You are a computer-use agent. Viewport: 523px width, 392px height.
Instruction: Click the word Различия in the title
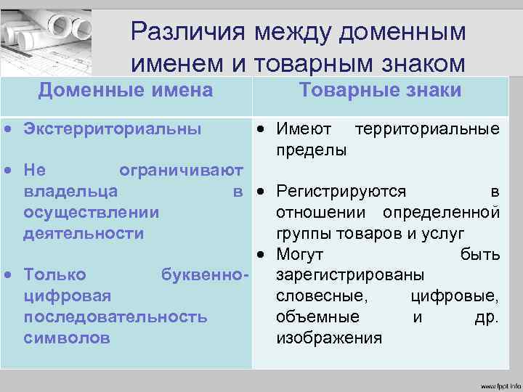(188, 32)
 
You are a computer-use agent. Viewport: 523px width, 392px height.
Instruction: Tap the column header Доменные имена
(125, 91)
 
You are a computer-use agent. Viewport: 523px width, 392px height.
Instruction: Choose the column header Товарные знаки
(380, 90)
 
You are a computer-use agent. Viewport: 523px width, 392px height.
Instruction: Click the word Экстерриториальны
(112, 129)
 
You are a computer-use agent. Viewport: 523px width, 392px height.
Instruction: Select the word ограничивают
(181, 171)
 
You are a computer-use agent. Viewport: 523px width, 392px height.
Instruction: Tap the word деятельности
(84, 234)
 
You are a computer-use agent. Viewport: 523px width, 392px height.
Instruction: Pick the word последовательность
(115, 317)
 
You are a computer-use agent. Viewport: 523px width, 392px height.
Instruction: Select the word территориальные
(426, 129)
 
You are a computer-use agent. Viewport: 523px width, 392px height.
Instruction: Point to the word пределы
(311, 150)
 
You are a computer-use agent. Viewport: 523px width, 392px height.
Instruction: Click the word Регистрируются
(341, 192)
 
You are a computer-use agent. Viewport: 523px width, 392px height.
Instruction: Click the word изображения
(329, 338)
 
